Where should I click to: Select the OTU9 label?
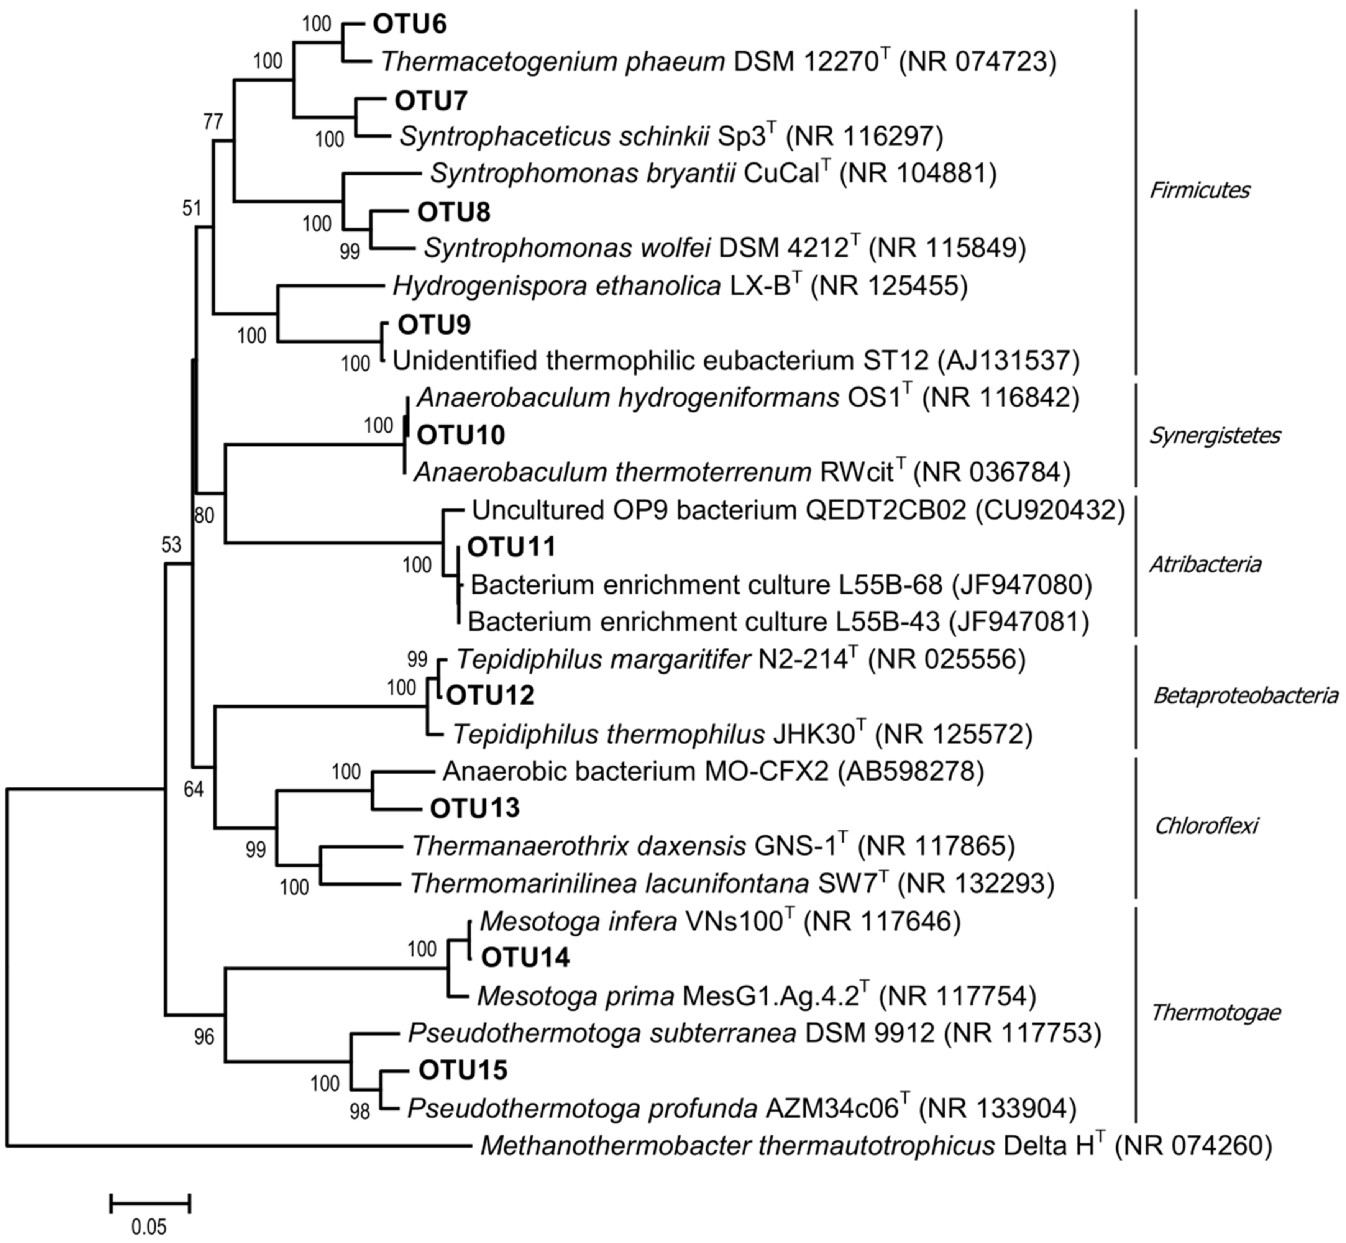click(434, 325)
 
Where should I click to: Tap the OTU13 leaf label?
click(475, 808)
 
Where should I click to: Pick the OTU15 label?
click(463, 1070)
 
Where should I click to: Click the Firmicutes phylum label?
click(1199, 190)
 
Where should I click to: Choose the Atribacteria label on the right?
click(1204, 564)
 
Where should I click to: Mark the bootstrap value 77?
click(213, 122)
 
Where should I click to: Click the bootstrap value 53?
click(172, 545)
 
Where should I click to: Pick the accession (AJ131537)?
click(1008, 361)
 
